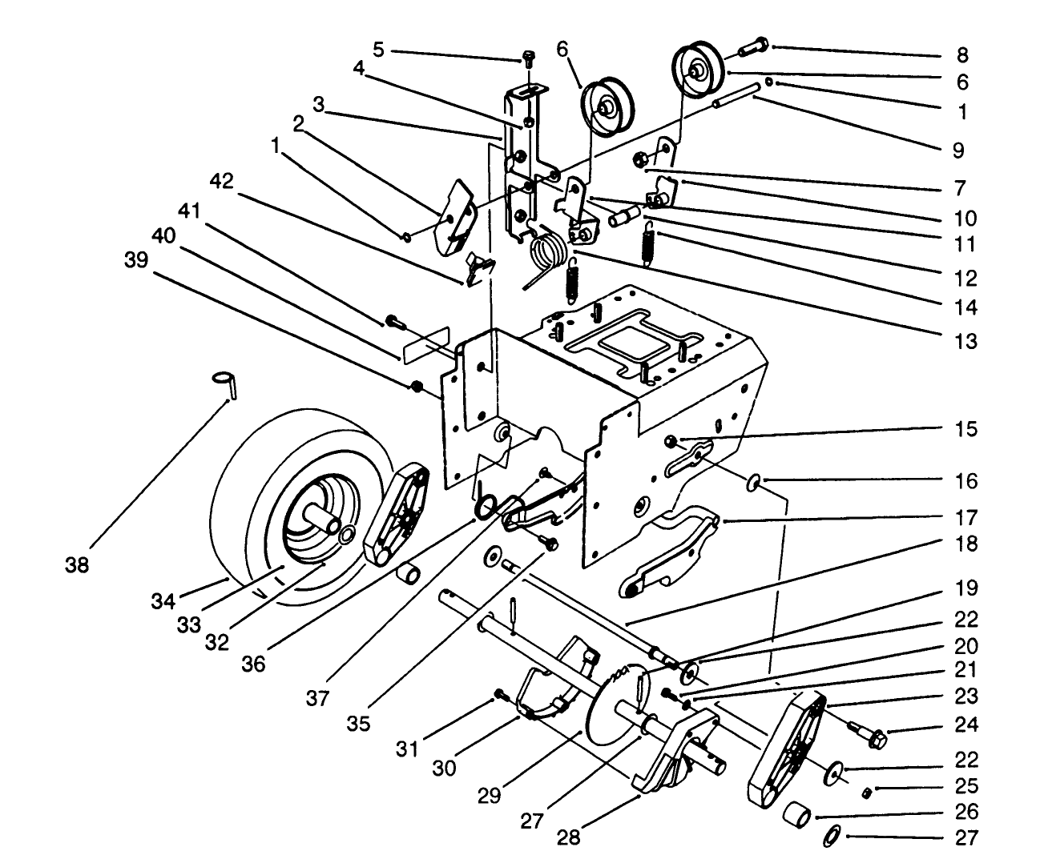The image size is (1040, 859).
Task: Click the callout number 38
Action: click(79, 565)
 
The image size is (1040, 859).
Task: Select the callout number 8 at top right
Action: click(962, 55)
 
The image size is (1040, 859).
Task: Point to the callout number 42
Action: click(222, 182)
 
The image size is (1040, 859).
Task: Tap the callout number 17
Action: click(967, 516)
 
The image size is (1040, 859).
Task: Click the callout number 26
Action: click(967, 812)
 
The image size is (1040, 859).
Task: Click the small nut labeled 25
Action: click(866, 792)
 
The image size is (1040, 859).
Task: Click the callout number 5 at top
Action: click(378, 50)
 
